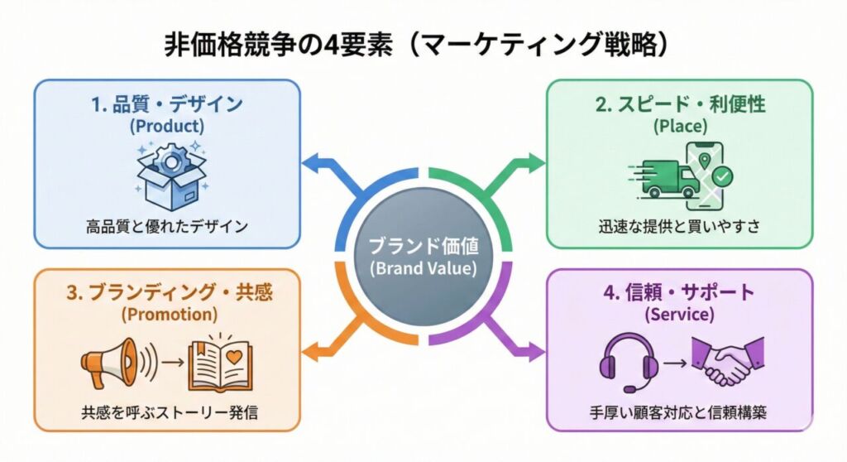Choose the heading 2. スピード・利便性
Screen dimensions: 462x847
tap(681, 104)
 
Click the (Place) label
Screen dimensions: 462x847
tap(681, 127)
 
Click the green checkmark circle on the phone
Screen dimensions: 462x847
tap(722, 176)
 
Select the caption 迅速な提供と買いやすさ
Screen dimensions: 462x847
tap(681, 225)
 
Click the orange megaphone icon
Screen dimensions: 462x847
tap(112, 362)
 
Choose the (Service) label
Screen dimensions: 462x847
tap(681, 315)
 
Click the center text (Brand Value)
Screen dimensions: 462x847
tap(423, 268)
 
